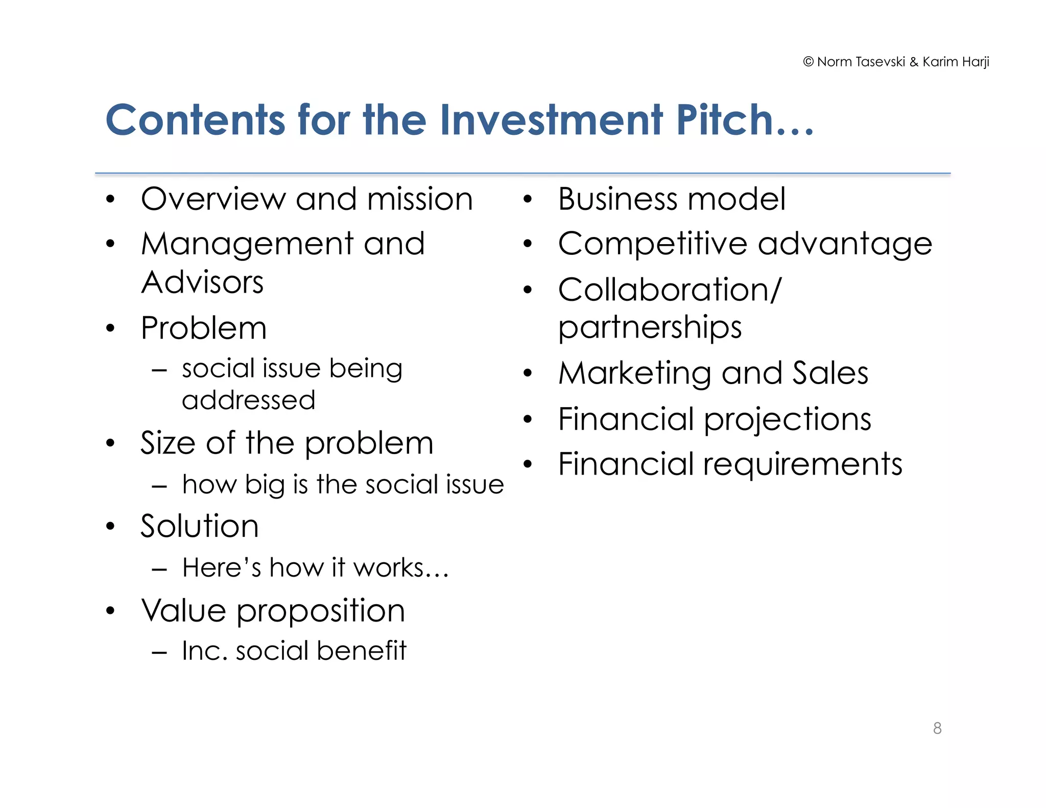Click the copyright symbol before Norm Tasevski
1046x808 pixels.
(808, 62)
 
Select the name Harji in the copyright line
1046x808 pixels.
(976, 62)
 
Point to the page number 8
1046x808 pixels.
(937, 728)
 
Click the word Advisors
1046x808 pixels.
(202, 282)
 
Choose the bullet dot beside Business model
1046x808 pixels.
(528, 199)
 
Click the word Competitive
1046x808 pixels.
(653, 244)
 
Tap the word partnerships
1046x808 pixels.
(650, 327)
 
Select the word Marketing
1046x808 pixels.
(635, 373)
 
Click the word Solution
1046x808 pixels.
(200, 526)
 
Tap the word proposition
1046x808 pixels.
(320, 611)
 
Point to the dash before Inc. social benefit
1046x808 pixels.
(160, 652)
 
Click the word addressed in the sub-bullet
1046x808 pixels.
(248, 400)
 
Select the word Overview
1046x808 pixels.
(213, 199)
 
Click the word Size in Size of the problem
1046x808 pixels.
(169, 443)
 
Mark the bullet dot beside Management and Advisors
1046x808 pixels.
(110, 244)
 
